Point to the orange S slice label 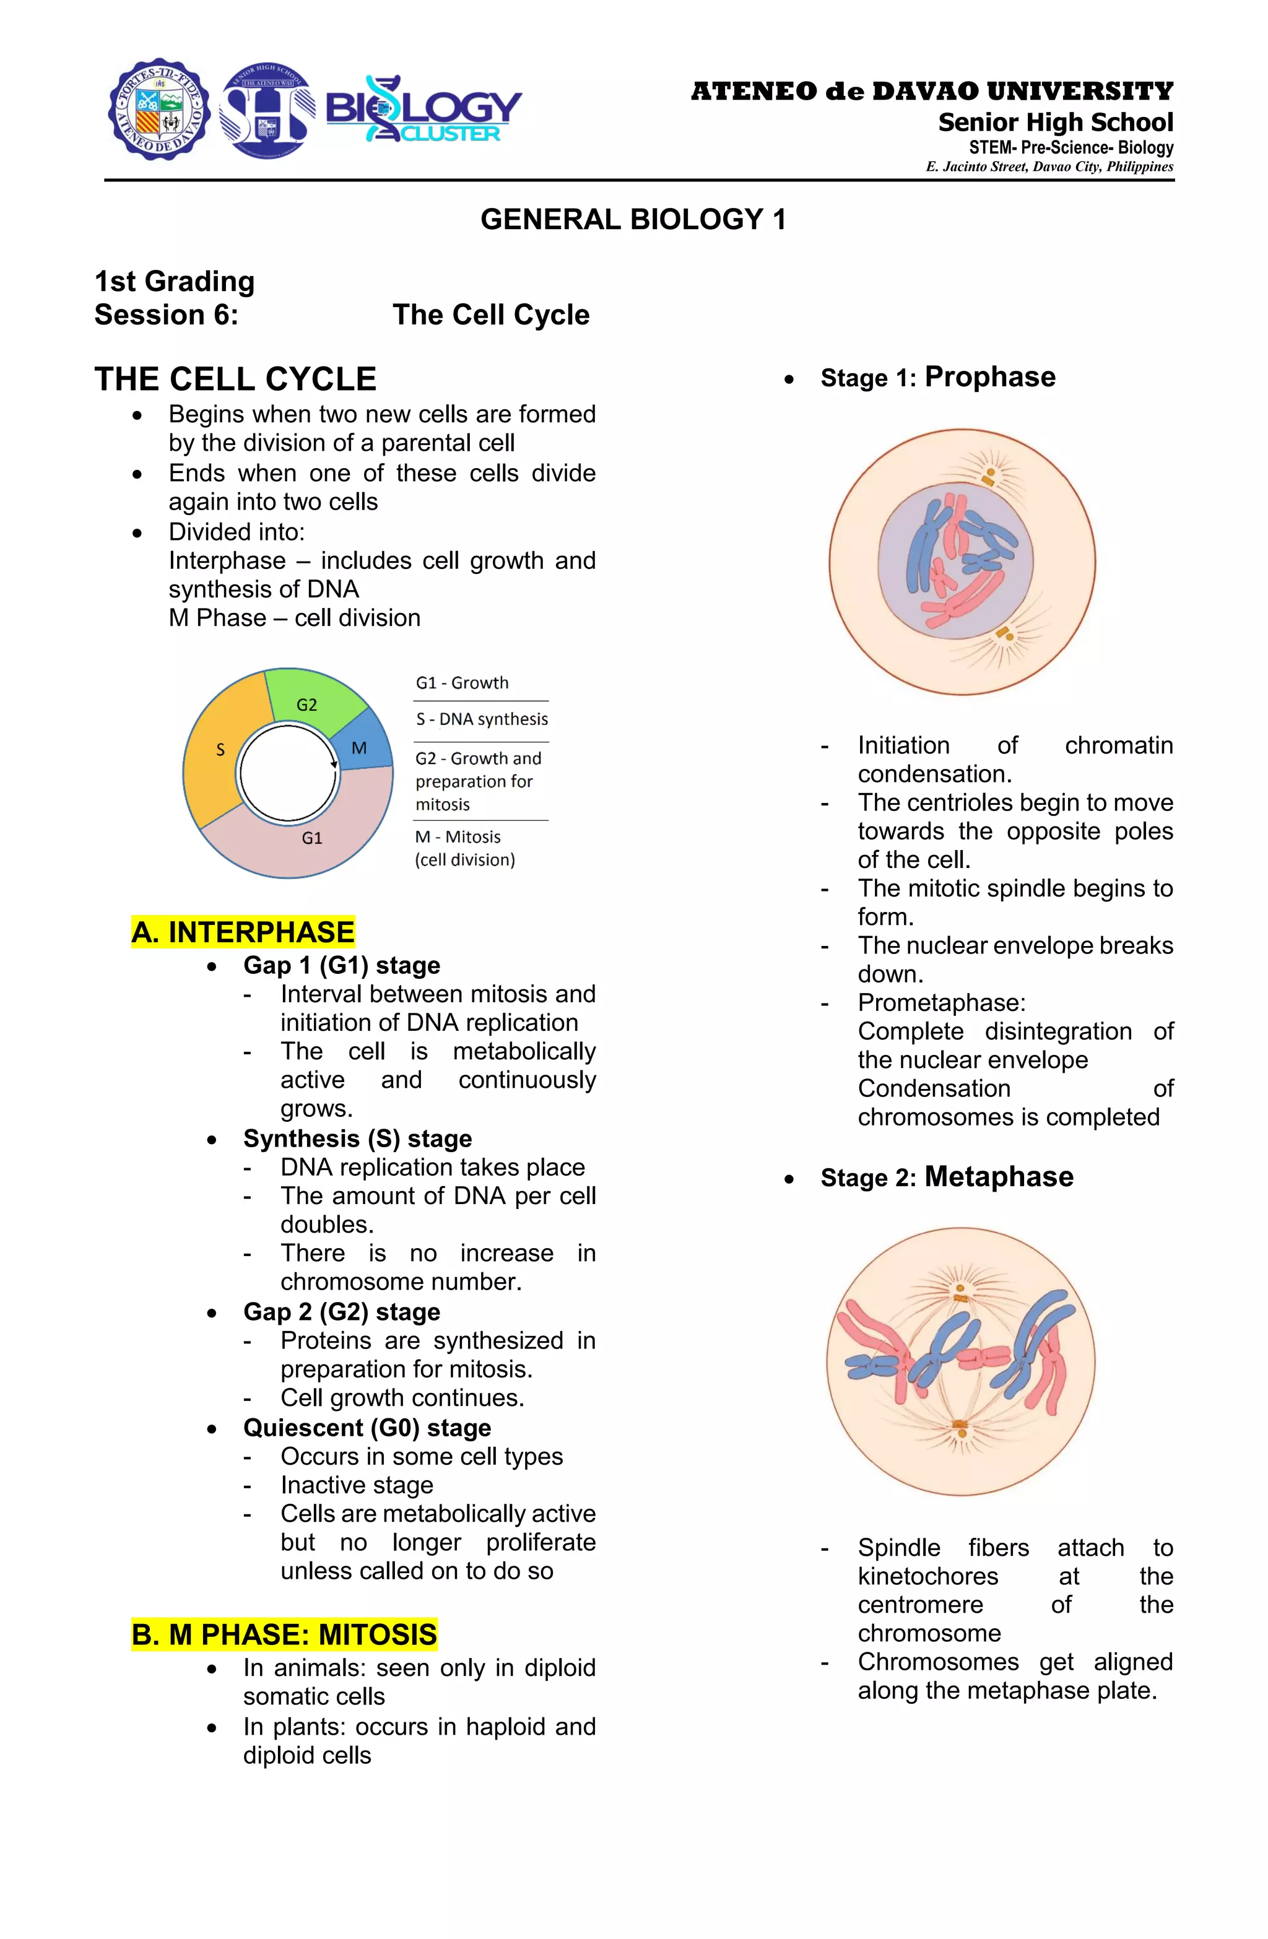point(220,750)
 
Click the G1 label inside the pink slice point(312,838)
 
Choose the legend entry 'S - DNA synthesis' point(482,719)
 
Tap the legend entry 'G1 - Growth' point(462,683)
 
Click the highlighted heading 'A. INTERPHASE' point(243,932)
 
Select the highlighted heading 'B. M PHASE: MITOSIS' point(284,1634)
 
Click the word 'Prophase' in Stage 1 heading point(989,377)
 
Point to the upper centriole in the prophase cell point(989,476)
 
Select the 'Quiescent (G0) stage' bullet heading point(367,1428)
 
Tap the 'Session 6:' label point(167,314)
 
